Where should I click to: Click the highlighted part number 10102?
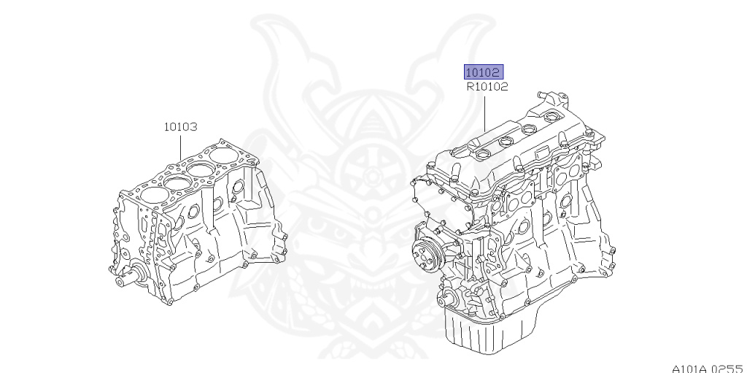pyautogui.click(x=484, y=72)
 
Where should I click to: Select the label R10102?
pyautogui.click(x=487, y=87)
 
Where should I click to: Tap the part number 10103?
pyautogui.click(x=181, y=127)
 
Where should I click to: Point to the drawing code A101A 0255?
pyautogui.click(x=709, y=369)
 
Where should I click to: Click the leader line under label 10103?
pyautogui.click(x=181, y=148)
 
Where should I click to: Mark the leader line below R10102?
pyautogui.click(x=485, y=114)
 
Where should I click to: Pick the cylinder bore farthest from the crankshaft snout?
pyautogui.click(x=225, y=155)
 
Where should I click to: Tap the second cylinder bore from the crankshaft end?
pyautogui.click(x=177, y=181)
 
